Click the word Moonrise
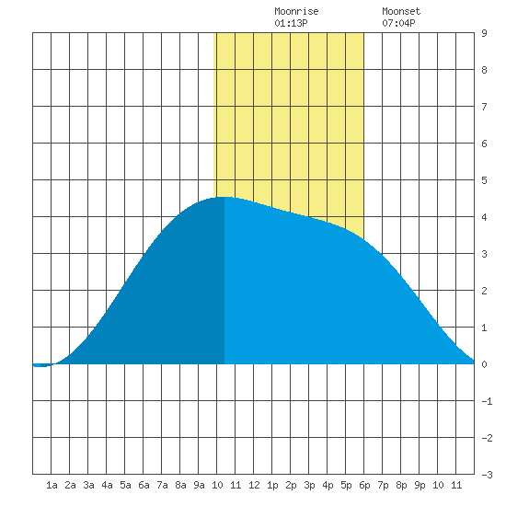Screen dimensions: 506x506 pyautogui.click(x=296, y=11)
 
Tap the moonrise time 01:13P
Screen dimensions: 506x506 pyautogui.click(x=291, y=23)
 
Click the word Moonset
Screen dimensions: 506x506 pyautogui.click(x=401, y=11)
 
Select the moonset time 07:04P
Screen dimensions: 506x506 pyautogui.click(x=398, y=23)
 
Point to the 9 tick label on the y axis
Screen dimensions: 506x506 pyautogui.click(x=484, y=33)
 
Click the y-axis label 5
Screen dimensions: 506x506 pyautogui.click(x=484, y=180)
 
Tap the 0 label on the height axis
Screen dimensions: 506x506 pyautogui.click(x=484, y=364)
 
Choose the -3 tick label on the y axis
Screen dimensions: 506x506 pyautogui.click(x=487, y=475)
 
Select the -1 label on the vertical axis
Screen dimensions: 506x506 pyautogui.click(x=487, y=401)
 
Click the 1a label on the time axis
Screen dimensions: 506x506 pyautogui.click(x=52, y=485)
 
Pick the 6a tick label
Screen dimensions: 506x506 pyautogui.click(x=144, y=485)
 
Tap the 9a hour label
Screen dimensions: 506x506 pyautogui.click(x=199, y=485)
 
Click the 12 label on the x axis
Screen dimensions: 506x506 pyautogui.click(x=254, y=485)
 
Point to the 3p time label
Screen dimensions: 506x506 pyautogui.click(x=309, y=485)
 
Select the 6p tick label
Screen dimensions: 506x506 pyautogui.click(x=364, y=485)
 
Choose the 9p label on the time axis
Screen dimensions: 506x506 pyautogui.click(x=420, y=485)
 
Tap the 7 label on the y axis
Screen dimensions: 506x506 pyautogui.click(x=484, y=107)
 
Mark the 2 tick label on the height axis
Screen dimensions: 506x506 pyautogui.click(x=484, y=291)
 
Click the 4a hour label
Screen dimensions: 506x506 pyautogui.click(x=107, y=485)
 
